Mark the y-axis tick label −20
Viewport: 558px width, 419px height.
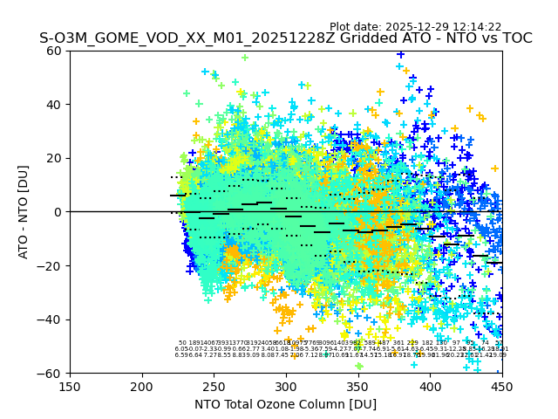[51, 265]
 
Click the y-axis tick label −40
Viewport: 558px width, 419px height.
[51, 319]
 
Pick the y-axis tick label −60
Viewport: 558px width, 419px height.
[51, 373]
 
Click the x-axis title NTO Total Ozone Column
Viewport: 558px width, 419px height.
[285, 404]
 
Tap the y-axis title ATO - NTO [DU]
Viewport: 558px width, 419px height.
[24, 211]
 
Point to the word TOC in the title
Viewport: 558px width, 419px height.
[514, 38]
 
